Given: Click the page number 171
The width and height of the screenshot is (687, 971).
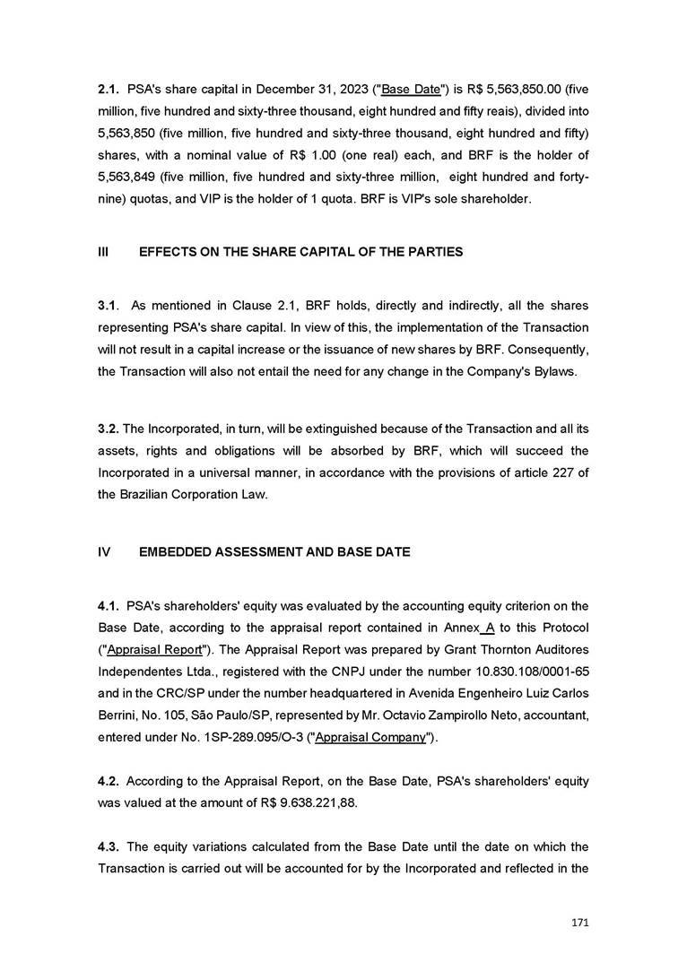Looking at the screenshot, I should click(x=578, y=921).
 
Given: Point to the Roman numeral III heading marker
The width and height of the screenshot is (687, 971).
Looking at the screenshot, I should click(x=102, y=252).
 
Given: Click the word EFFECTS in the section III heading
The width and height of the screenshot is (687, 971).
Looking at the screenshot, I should click(x=168, y=252).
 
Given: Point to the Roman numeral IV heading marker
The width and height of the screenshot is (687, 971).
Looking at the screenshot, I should click(x=103, y=551).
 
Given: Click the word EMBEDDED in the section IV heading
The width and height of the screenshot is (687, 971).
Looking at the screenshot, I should click(x=177, y=551).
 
